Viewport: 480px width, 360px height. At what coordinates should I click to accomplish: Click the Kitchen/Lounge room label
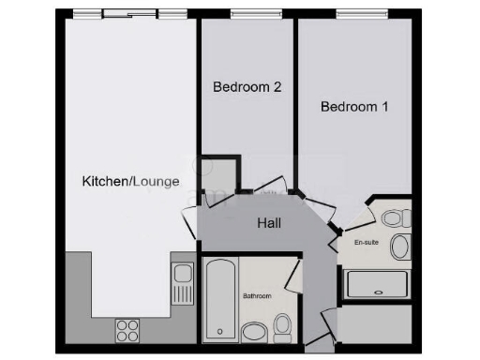[x=130, y=181]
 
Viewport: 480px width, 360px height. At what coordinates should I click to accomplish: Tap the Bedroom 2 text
[x=247, y=87]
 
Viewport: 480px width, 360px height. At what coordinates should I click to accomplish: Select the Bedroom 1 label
[x=353, y=107]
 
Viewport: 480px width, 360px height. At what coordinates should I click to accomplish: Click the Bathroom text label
[x=257, y=296]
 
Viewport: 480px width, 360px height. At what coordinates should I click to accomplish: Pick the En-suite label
[x=366, y=242]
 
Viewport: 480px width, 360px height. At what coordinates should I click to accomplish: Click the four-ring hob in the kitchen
[x=127, y=330]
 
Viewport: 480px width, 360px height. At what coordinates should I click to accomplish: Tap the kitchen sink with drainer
[x=183, y=285]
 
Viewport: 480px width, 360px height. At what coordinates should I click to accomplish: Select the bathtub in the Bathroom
[x=221, y=300]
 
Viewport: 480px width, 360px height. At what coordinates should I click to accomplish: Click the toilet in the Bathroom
[x=281, y=325]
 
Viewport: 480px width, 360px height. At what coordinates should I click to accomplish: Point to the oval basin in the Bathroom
[x=253, y=331]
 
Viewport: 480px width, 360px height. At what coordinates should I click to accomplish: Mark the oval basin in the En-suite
[x=400, y=247]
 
